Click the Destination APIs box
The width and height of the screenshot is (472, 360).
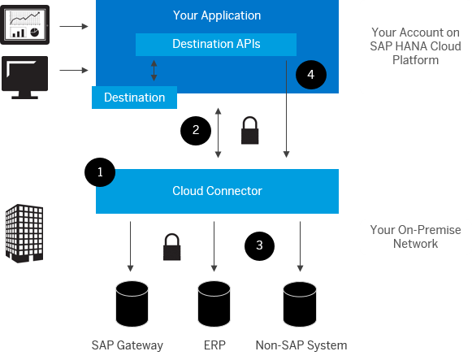click(x=216, y=45)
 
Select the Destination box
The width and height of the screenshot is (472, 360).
click(x=134, y=98)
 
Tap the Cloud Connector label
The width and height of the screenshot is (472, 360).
click(x=217, y=191)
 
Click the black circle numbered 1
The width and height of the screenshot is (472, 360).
click(x=100, y=172)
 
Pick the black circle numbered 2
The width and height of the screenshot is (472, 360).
click(x=196, y=131)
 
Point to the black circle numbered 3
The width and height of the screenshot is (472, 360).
click(x=259, y=246)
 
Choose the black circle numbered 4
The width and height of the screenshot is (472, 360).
click(x=311, y=75)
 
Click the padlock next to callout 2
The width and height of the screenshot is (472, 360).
click(x=250, y=130)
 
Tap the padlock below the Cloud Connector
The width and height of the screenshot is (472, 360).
click(x=172, y=247)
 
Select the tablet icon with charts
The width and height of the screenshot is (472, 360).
click(x=25, y=24)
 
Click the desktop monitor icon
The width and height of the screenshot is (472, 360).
click(x=24, y=77)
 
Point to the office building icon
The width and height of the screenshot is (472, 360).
click(x=24, y=233)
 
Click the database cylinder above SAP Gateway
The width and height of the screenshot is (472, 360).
click(x=132, y=304)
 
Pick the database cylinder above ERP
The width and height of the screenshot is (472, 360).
click(x=214, y=304)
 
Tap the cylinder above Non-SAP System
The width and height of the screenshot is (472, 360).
click(x=300, y=304)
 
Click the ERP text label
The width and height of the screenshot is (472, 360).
click(x=214, y=345)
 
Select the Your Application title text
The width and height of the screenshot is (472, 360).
click(x=217, y=15)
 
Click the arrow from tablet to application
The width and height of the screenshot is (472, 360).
click(x=74, y=27)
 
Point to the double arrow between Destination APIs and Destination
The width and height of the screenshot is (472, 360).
click(x=154, y=71)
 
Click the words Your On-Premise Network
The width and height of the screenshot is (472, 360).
click(x=415, y=236)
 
